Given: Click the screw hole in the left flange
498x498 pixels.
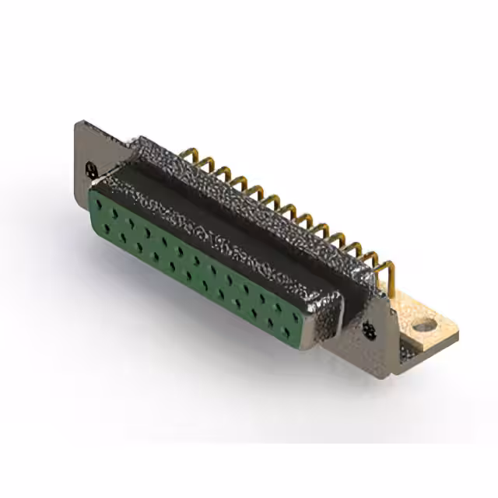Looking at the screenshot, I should coord(92,167).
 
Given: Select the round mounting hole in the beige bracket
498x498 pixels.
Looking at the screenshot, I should coord(423,325).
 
